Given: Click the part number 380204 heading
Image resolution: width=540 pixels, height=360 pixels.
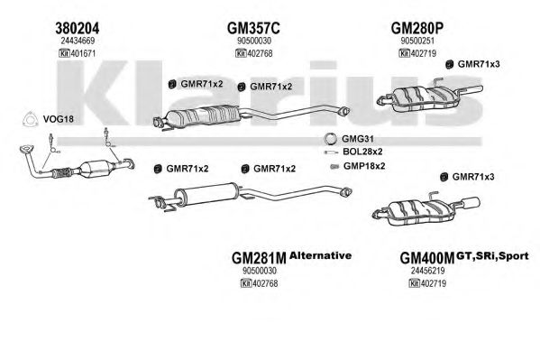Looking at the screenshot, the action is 78,28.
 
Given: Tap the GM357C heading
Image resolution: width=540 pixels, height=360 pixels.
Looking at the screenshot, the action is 253,28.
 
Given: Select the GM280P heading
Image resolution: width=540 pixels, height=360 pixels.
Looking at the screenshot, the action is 416,28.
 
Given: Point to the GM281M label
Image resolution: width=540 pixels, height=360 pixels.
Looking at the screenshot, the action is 259,257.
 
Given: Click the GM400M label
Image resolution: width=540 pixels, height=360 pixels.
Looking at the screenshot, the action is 427,257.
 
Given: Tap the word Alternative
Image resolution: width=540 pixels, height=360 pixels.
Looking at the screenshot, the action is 320,255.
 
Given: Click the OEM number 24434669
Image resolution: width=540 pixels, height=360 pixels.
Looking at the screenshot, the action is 78,41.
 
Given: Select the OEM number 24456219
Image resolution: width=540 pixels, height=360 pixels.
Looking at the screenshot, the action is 427,271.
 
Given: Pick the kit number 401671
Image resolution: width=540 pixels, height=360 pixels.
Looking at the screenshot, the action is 77,53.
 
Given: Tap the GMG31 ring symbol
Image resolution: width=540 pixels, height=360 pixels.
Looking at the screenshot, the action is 330,139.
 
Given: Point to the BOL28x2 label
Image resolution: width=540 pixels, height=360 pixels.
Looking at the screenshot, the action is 362,152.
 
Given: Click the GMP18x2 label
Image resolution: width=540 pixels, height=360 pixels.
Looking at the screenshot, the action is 364,166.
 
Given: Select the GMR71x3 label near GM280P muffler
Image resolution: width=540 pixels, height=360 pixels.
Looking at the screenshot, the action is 479,64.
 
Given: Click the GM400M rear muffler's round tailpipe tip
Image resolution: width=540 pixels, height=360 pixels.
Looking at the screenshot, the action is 471,203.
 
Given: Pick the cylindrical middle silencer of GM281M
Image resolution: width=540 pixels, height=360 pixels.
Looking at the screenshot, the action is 206,194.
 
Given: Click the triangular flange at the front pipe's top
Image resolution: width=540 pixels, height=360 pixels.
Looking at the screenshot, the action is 25,149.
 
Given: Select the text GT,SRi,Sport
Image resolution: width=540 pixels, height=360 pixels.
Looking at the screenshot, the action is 492,256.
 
